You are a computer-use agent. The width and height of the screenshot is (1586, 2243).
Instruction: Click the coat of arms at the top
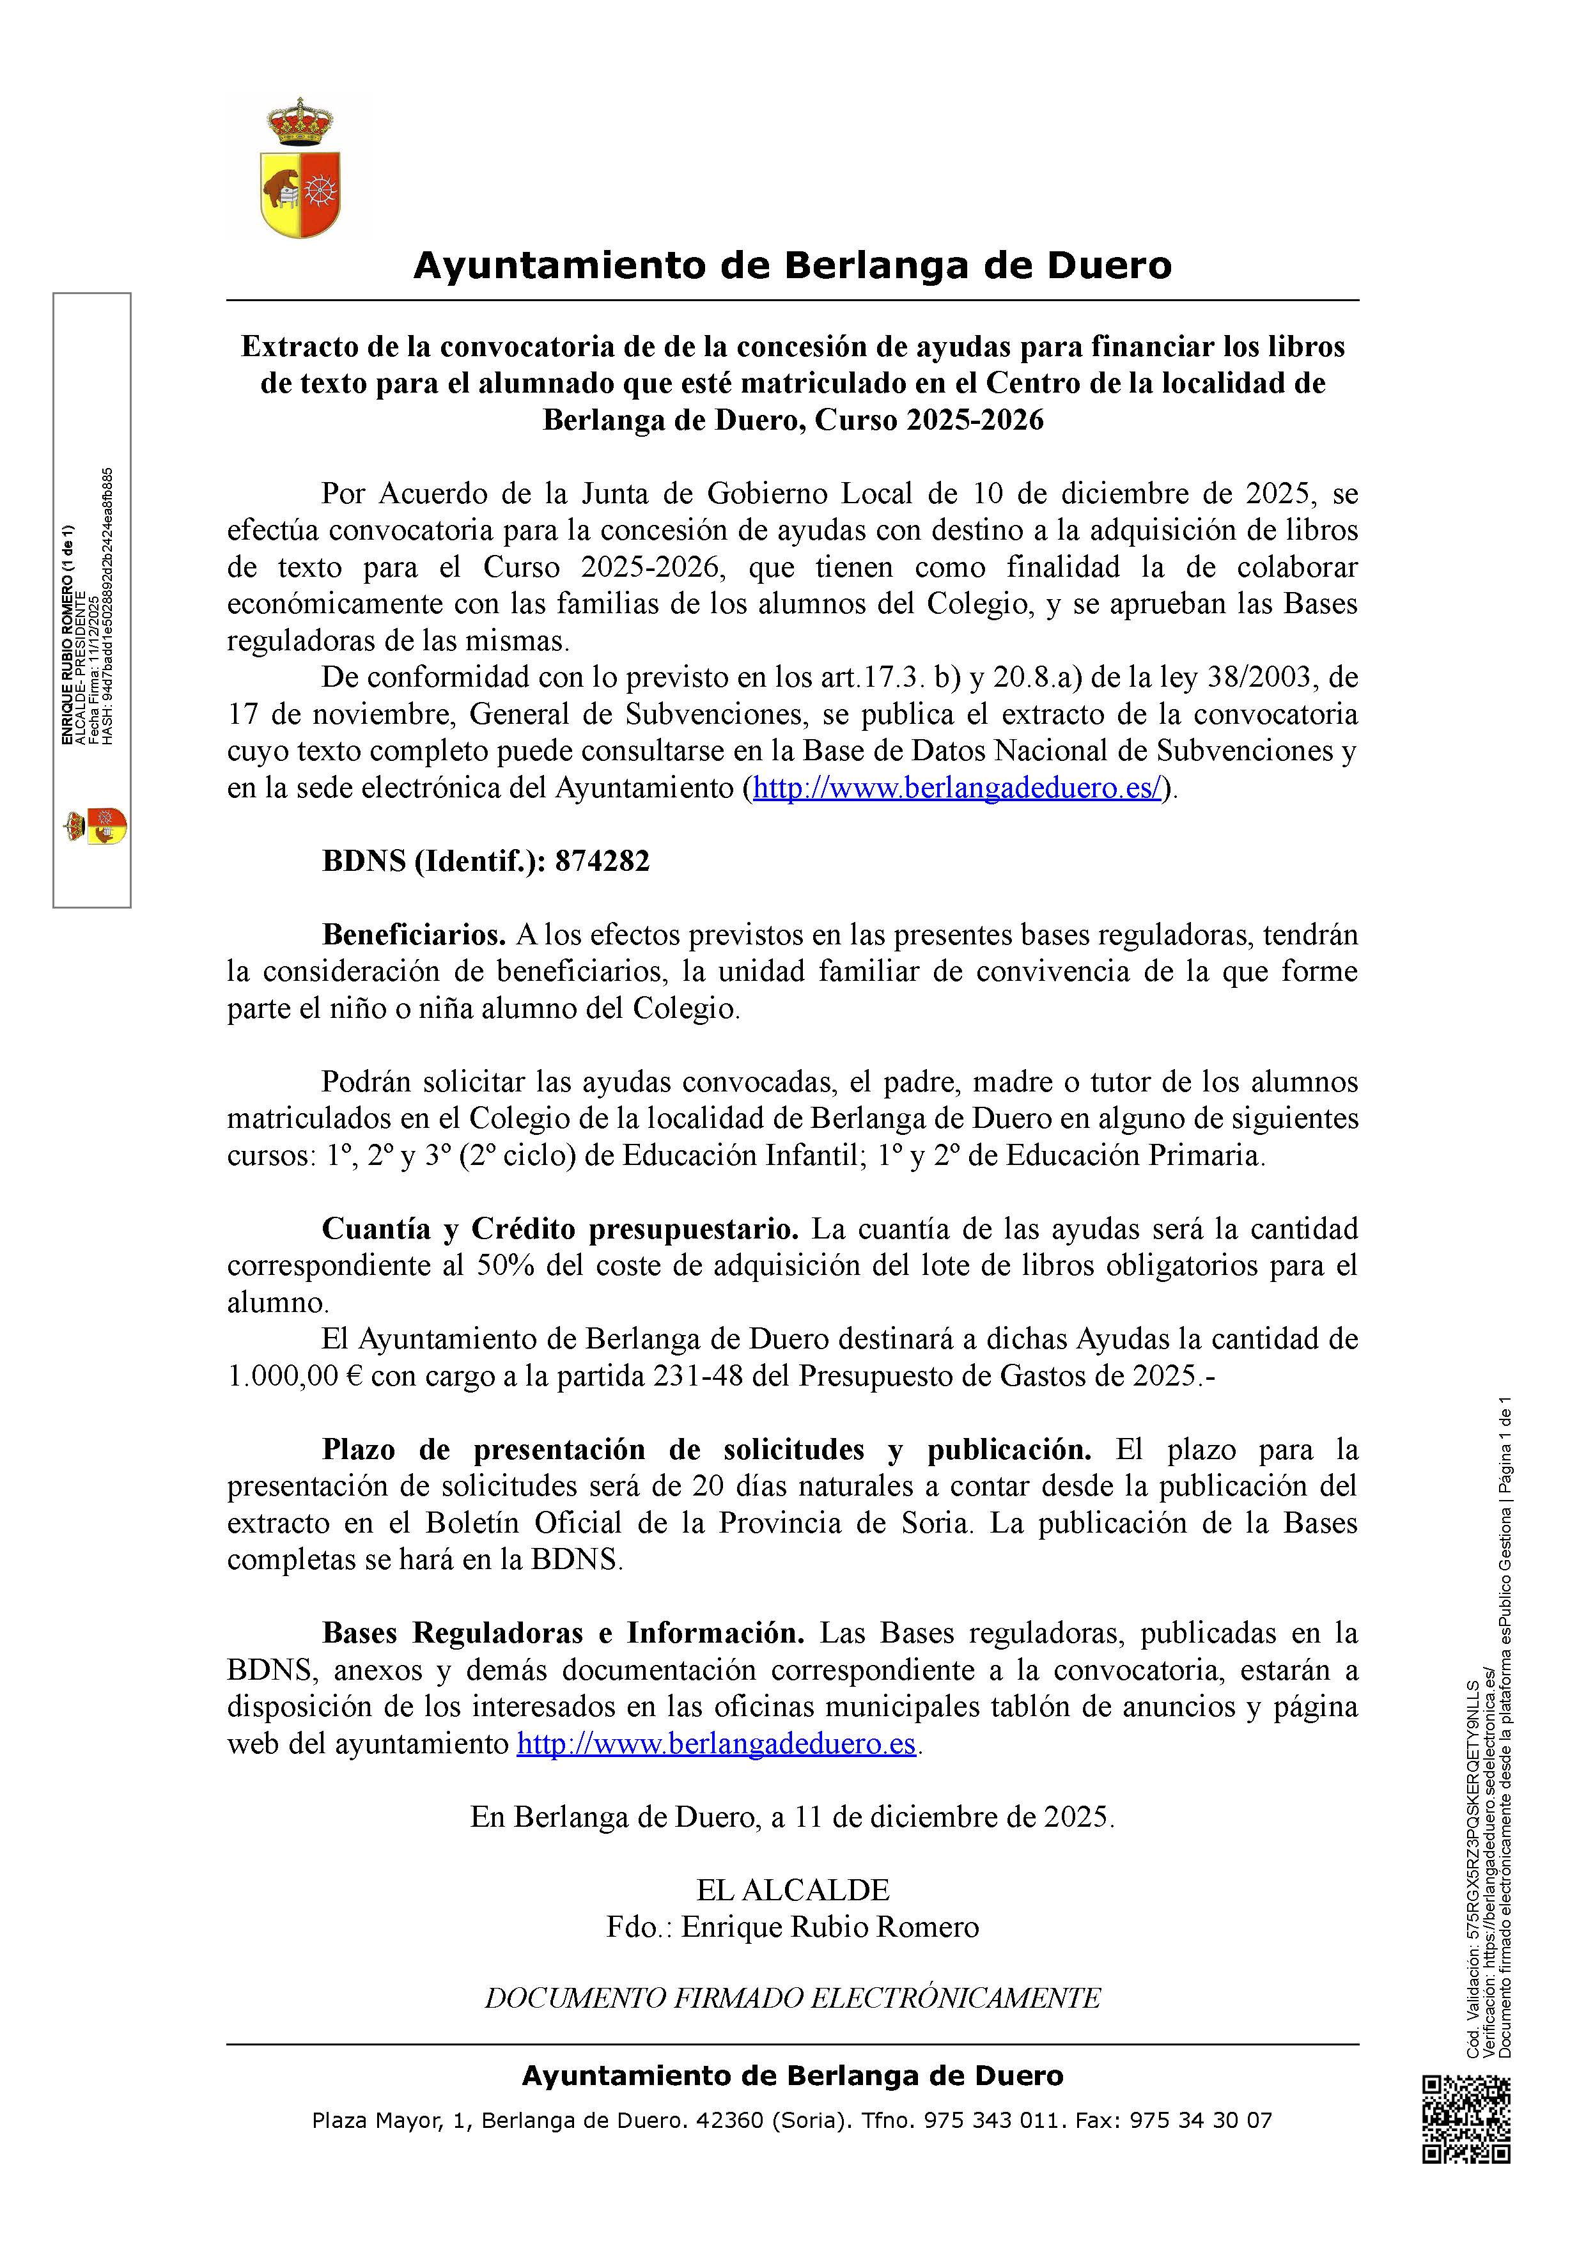[301, 169]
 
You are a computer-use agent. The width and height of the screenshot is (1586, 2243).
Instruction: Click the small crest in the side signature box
[95, 827]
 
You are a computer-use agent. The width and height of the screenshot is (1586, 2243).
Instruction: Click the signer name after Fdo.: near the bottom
[830, 1926]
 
